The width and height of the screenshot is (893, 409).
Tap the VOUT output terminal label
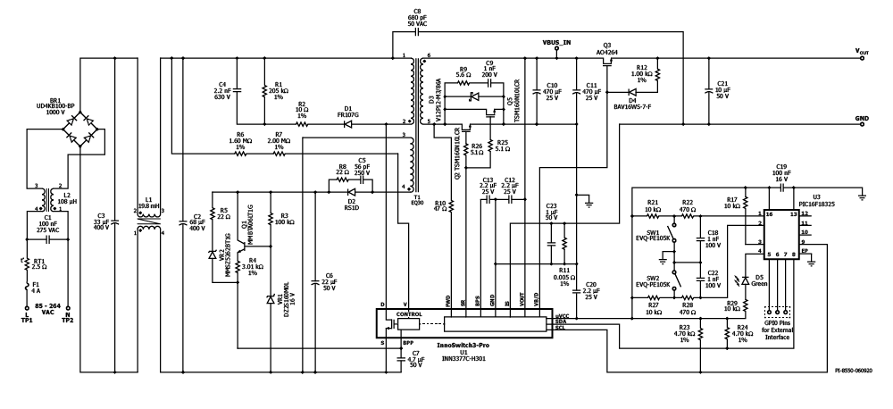862,53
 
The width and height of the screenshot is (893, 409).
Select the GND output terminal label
862,118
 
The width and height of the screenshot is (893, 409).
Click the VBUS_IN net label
556,42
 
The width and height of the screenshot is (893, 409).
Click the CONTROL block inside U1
408,314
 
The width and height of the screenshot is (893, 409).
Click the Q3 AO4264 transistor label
607,48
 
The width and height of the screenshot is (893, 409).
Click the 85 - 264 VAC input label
42,310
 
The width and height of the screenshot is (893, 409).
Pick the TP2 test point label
67,320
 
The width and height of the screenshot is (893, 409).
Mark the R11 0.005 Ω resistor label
565,273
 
